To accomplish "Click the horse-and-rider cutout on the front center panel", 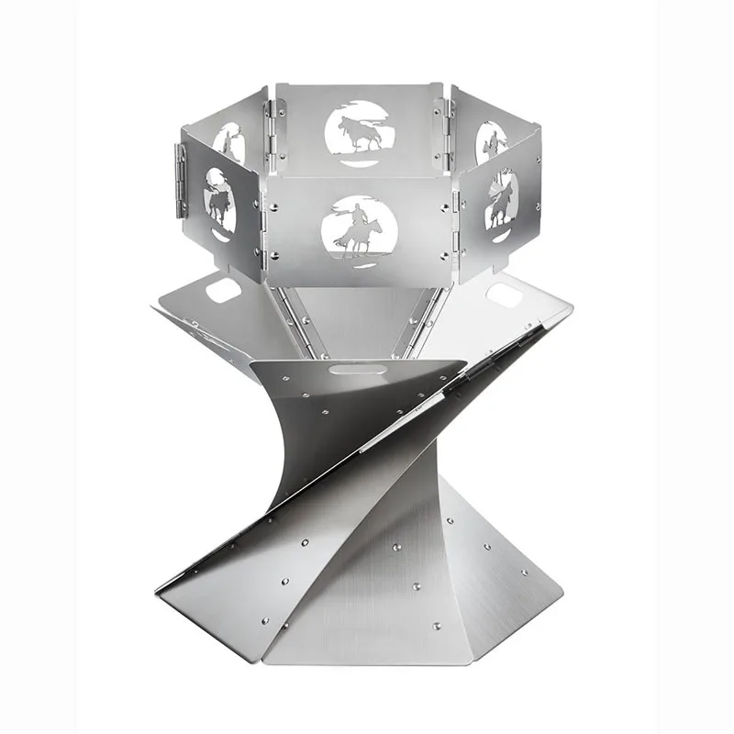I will pos(363,226).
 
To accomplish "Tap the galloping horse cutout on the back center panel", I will pos(360,133).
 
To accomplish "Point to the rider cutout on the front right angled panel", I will pos(501,200).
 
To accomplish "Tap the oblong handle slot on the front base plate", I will pos(343,370).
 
